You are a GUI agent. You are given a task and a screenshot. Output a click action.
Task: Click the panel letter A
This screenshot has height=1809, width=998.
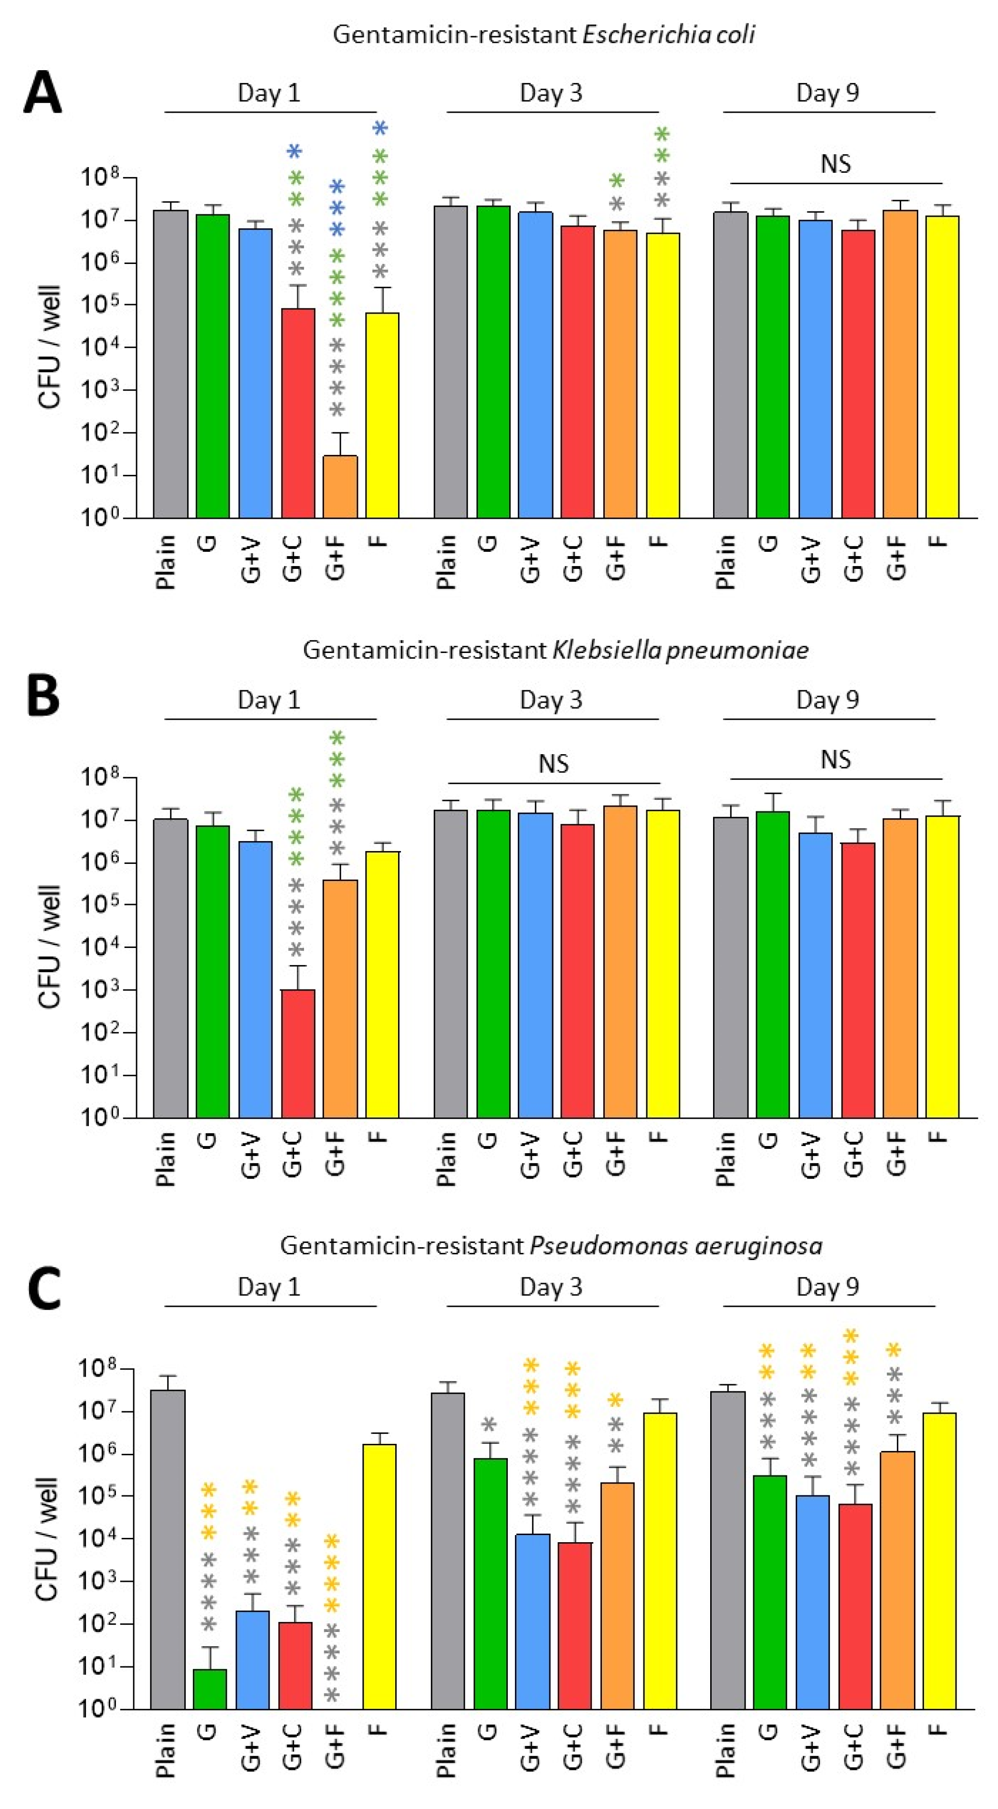point(42,94)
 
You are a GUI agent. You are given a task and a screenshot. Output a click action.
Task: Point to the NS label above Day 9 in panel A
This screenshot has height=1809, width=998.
point(835,164)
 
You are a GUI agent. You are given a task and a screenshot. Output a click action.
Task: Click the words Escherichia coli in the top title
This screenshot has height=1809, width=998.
point(669,34)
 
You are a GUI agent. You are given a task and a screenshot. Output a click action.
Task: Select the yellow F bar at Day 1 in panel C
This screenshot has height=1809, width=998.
point(379,1577)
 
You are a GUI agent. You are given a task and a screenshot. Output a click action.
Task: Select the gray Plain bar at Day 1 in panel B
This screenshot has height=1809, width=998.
point(171,969)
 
